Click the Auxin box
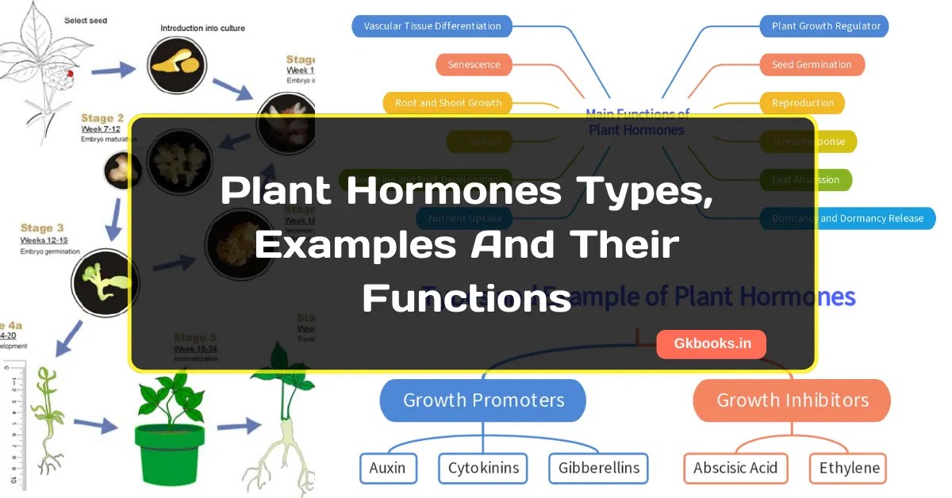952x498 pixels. click(387, 468)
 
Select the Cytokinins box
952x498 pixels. click(483, 468)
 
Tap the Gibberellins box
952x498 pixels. click(598, 468)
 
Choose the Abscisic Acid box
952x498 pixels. click(735, 468)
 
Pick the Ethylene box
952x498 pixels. click(849, 468)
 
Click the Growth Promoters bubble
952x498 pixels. click(483, 400)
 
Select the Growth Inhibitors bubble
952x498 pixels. click(792, 400)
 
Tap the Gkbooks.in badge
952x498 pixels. click(711, 344)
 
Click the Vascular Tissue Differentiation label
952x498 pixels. click(432, 26)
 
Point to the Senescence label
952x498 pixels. click(474, 64)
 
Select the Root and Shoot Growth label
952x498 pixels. click(448, 102)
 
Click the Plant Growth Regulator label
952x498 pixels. click(826, 26)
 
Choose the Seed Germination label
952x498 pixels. click(812, 64)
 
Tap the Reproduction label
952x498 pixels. click(803, 102)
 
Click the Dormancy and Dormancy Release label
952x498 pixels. click(847, 218)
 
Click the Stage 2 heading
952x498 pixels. click(102, 118)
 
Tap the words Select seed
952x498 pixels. click(86, 20)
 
